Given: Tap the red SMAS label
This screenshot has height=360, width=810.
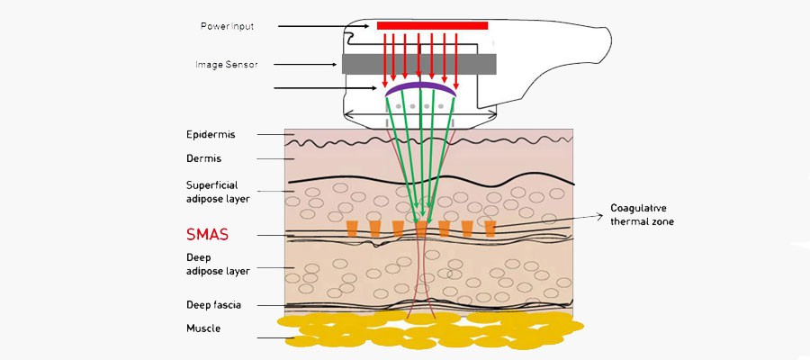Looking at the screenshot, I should click(x=207, y=235).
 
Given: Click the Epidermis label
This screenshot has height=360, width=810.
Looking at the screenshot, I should click(x=211, y=135).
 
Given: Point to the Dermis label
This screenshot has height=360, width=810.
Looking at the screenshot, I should click(x=204, y=159).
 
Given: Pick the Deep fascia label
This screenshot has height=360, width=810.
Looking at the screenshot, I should click(x=213, y=304).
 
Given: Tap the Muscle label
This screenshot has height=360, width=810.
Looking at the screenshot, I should click(x=203, y=328).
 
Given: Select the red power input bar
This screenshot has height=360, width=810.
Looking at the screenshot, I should click(x=432, y=26).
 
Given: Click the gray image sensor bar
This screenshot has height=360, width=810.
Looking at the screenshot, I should click(x=418, y=64).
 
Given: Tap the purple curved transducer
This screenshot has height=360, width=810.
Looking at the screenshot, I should click(x=422, y=87).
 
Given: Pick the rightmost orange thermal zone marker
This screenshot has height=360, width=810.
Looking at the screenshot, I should click(x=490, y=229).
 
